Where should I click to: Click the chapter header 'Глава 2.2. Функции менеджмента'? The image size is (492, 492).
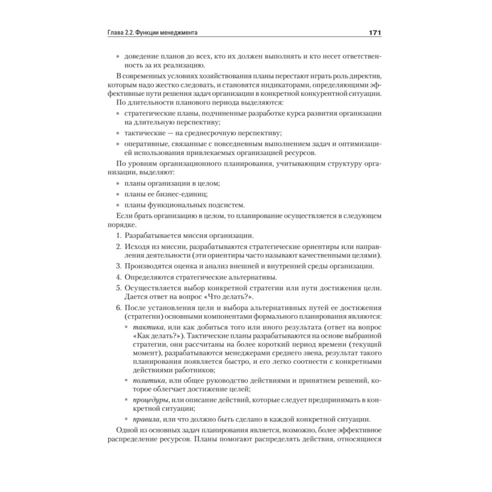pyautogui.click(x=156, y=33)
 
